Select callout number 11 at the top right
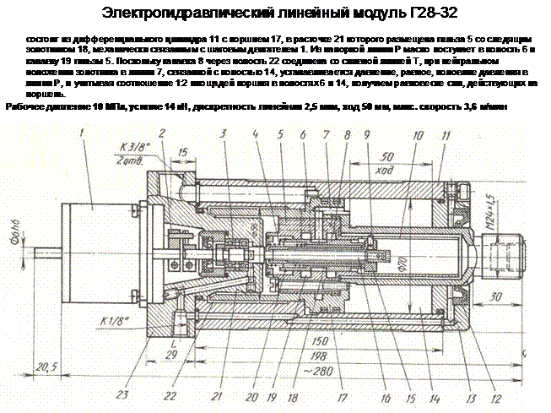445,135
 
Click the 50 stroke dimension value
387,158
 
